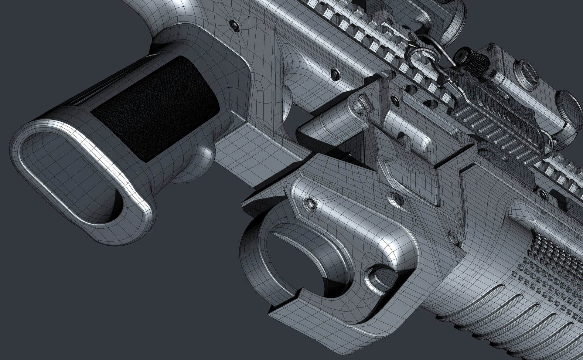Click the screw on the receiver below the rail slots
(x=336, y=72)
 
